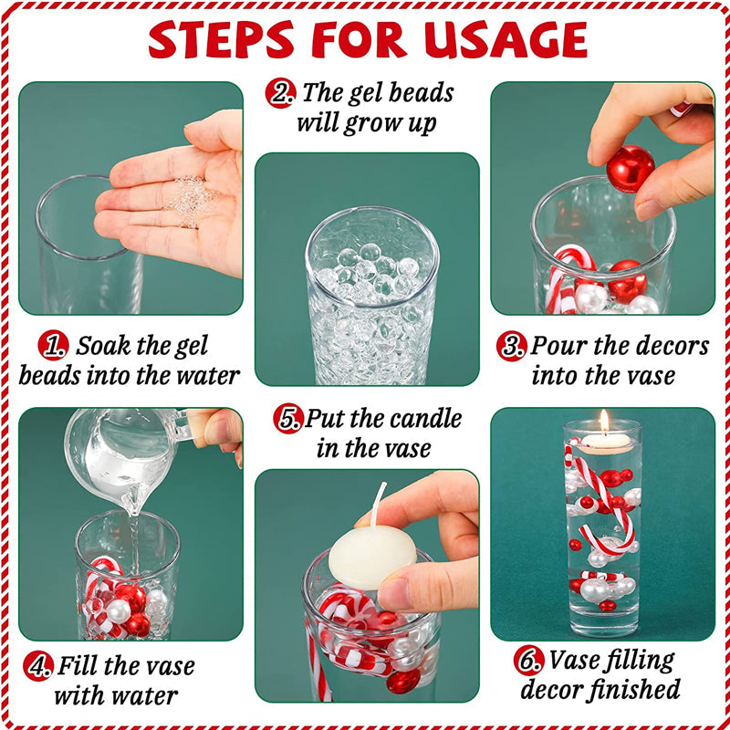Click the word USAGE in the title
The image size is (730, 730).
(x=506, y=39)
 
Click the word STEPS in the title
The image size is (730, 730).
(x=222, y=39)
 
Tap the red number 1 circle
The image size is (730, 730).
(x=54, y=346)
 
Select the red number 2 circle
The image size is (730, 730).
(x=281, y=93)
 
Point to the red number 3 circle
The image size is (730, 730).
(x=512, y=346)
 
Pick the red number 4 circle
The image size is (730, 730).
(x=38, y=666)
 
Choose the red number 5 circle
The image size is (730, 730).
(x=288, y=419)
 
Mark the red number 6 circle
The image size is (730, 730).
(x=529, y=660)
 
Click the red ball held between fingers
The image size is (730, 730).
(x=631, y=169)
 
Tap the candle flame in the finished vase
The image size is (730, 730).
(x=604, y=422)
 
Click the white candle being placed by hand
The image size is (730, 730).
(x=372, y=557)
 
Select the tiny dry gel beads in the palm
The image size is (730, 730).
(x=191, y=202)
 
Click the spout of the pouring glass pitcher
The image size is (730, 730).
(x=133, y=506)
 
